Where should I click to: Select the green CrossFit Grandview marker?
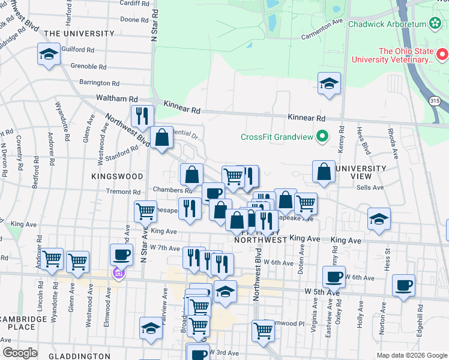(x=322, y=137)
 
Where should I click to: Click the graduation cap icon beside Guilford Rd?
(x=49, y=55)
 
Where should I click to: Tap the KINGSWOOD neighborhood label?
(x=118, y=176)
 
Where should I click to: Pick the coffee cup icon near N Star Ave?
(x=121, y=255)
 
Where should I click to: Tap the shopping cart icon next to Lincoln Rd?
(x=52, y=259)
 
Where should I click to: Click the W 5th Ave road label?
(x=322, y=291)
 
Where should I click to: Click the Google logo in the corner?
(x=20, y=352)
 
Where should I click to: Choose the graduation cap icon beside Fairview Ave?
(x=151, y=328)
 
